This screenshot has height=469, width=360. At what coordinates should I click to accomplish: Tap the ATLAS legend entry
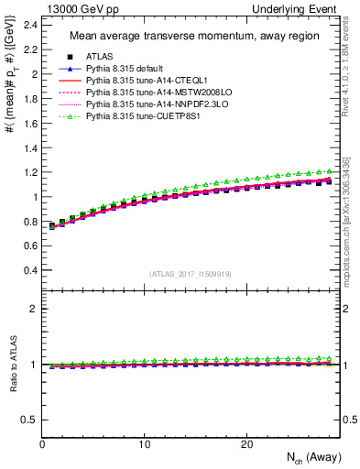[100, 58]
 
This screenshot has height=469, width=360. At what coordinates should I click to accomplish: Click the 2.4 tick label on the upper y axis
[30, 24]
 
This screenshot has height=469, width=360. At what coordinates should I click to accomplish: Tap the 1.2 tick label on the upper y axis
[30, 172]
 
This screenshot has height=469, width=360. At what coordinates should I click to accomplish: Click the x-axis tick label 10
[144, 443]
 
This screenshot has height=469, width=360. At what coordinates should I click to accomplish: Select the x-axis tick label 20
[245, 443]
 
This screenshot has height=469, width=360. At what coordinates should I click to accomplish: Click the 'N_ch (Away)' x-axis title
[307, 458]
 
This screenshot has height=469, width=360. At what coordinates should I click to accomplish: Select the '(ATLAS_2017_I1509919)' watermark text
[191, 273]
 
